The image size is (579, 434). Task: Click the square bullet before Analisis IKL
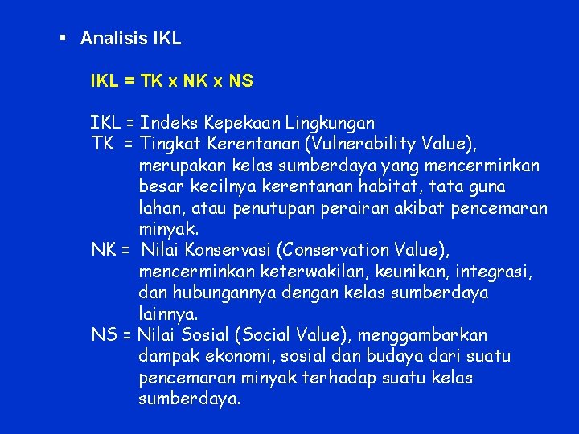pyautogui.click(x=62, y=38)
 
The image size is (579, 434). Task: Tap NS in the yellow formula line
pyautogui.click(x=241, y=80)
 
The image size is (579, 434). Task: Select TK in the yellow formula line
pyautogui.click(x=151, y=80)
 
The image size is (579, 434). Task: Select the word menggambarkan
pyautogui.click(x=423, y=335)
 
